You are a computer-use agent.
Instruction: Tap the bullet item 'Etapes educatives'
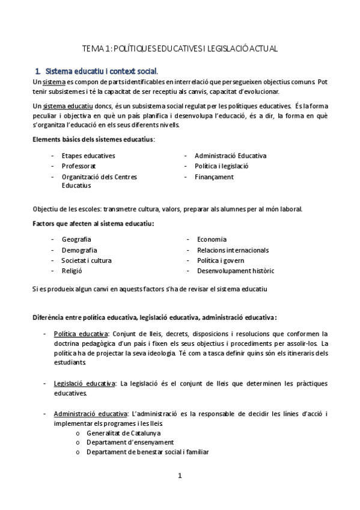click(88, 156)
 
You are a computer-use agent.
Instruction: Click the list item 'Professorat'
click(79, 166)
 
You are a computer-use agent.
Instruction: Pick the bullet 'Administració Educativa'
click(230, 156)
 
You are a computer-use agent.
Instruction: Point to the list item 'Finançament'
click(214, 177)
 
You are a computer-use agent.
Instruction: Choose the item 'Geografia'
click(76, 239)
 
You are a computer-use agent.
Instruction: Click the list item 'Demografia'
click(79, 250)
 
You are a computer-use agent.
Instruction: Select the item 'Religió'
click(72, 271)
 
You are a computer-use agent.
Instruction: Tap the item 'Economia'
click(212, 239)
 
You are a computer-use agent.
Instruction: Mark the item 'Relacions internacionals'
click(233, 250)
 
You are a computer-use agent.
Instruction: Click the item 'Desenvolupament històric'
click(235, 271)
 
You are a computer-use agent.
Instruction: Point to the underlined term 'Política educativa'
click(81, 334)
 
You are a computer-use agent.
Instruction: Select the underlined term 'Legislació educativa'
click(85, 383)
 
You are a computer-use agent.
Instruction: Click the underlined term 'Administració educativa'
click(90, 414)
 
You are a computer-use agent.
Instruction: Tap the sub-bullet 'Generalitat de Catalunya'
click(123, 433)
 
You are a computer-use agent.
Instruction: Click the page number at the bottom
click(179, 476)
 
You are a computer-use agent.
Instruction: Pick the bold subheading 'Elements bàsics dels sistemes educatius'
click(93, 140)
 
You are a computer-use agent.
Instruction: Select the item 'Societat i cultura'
click(87, 260)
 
